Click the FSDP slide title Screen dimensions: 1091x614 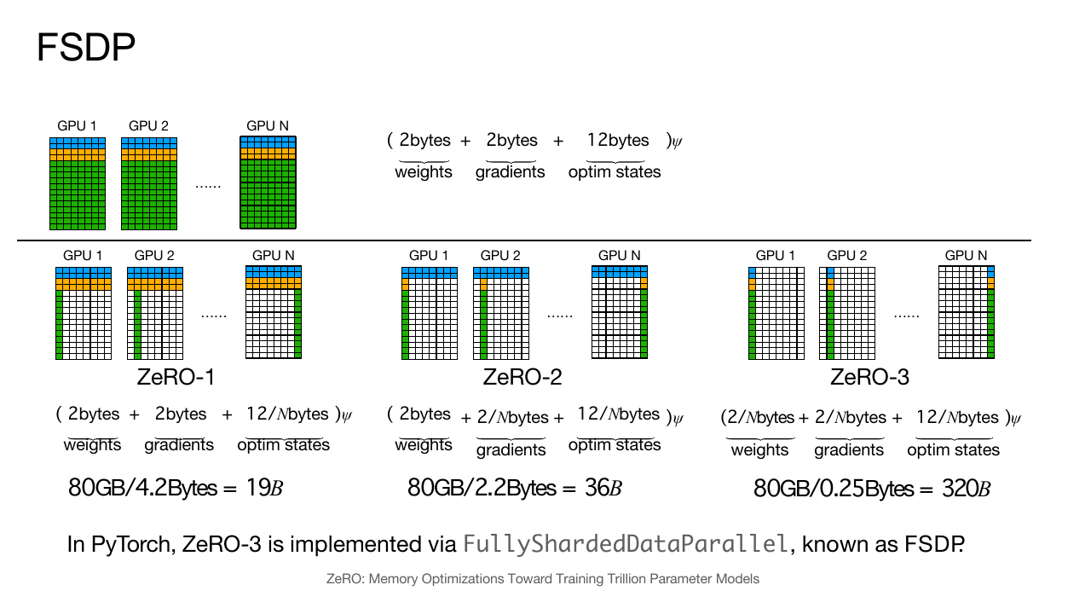click(x=86, y=47)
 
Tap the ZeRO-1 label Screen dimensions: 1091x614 click(x=176, y=377)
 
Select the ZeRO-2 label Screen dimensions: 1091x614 click(x=522, y=377)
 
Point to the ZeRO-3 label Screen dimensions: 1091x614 click(x=869, y=377)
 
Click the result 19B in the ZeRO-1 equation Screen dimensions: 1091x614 click(x=264, y=488)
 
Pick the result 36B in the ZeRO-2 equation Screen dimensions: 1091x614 click(x=603, y=488)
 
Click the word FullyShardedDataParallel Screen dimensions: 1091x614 click(x=625, y=544)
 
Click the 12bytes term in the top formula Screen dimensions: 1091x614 click(x=618, y=141)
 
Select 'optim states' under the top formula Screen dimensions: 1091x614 click(x=615, y=172)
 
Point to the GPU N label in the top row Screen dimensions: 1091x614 click(x=268, y=125)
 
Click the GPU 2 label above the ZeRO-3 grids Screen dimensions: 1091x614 click(x=847, y=255)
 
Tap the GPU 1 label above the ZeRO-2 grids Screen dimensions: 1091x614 click(x=429, y=255)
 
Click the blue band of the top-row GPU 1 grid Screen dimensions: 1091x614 click(x=78, y=143)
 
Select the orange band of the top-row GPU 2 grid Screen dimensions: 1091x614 click(x=149, y=155)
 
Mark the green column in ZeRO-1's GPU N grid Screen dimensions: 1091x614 click(x=298, y=324)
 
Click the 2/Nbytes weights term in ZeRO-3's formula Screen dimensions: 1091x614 click(x=760, y=418)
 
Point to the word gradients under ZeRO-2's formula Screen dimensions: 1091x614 click(x=511, y=449)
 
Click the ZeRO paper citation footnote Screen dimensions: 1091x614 click(x=543, y=579)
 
